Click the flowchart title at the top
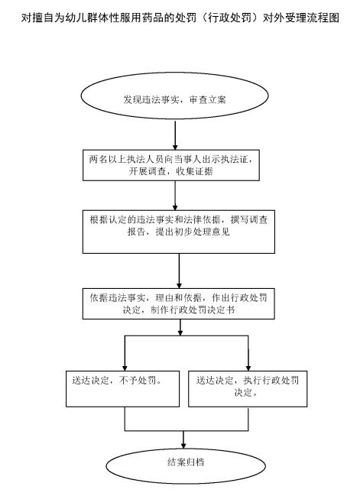pyautogui.click(x=180, y=18)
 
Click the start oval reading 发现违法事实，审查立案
pyautogui.click(x=174, y=96)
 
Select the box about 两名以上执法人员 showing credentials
pyautogui.click(x=171, y=165)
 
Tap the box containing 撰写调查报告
pyautogui.click(x=179, y=232)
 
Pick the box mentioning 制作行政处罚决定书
pyautogui.click(x=179, y=303)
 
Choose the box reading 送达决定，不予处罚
pyautogui.click(x=123, y=389)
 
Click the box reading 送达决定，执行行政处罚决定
pyautogui.click(x=248, y=389)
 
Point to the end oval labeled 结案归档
pyautogui.click(x=186, y=466)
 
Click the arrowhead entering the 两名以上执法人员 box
pyautogui.click(x=175, y=147)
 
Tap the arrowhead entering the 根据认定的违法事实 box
pyautogui.click(x=175, y=207)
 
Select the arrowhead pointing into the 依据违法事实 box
pyautogui.click(x=179, y=285)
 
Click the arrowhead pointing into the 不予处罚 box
pyautogui.click(x=125, y=368)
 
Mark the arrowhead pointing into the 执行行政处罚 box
pyautogui.click(x=248, y=368)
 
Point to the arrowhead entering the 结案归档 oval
pyautogui.click(x=183, y=446)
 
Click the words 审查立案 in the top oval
pyautogui.click(x=208, y=100)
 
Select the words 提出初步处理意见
pyautogui.click(x=193, y=232)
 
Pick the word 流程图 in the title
pyautogui.click(x=323, y=18)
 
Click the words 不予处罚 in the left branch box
pyautogui.click(x=138, y=380)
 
